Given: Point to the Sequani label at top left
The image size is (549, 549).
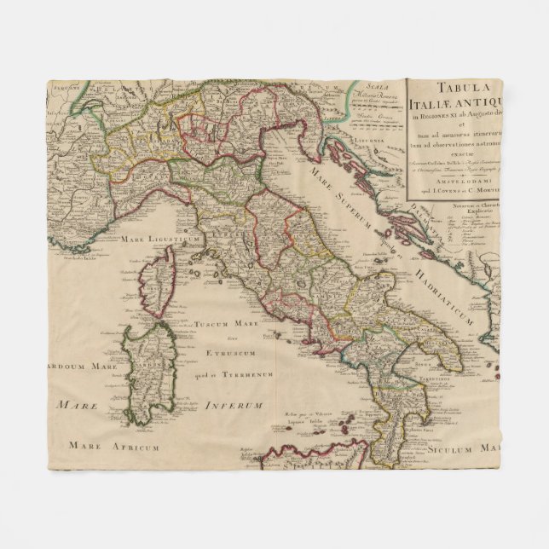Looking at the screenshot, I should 61,86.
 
